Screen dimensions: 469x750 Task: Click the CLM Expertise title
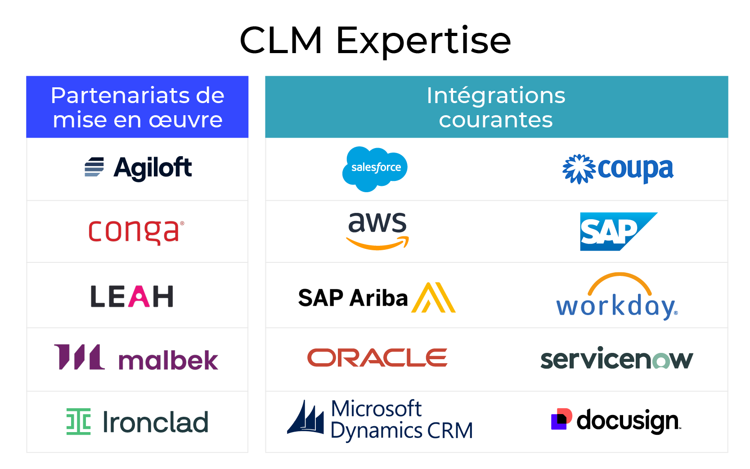[x=375, y=41]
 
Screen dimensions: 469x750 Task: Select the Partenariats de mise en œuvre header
[x=137, y=107]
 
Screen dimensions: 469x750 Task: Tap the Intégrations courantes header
[x=496, y=107]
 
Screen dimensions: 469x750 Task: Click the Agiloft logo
[x=139, y=167]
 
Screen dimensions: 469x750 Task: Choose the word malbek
[x=168, y=360]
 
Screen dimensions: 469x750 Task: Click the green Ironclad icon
[x=79, y=421]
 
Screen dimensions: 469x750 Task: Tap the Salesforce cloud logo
[x=375, y=168]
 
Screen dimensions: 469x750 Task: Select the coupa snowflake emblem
[x=579, y=169]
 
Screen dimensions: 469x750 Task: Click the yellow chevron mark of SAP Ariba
[x=433, y=298]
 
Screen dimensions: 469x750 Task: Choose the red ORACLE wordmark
[x=377, y=358]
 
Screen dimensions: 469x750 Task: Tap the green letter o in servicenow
[x=661, y=361]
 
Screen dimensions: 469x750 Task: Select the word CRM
[x=450, y=431]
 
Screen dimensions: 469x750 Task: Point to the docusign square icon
[x=561, y=419]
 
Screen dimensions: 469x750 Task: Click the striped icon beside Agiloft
[x=94, y=167]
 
